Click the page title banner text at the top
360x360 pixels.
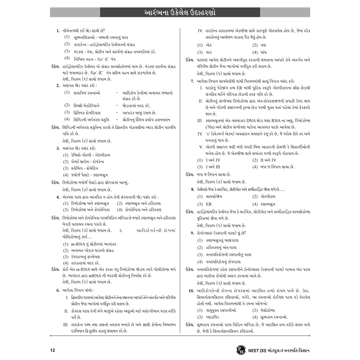click(x=180, y=12)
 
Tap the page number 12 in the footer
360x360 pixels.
click(x=53, y=350)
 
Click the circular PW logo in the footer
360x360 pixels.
click(x=241, y=350)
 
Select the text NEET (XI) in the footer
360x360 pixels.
click(x=259, y=350)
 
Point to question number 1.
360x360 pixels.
click(x=58, y=31)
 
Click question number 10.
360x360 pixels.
click(x=191, y=291)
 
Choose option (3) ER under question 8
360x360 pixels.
click(x=204, y=204)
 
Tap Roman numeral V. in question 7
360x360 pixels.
click(x=201, y=147)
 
